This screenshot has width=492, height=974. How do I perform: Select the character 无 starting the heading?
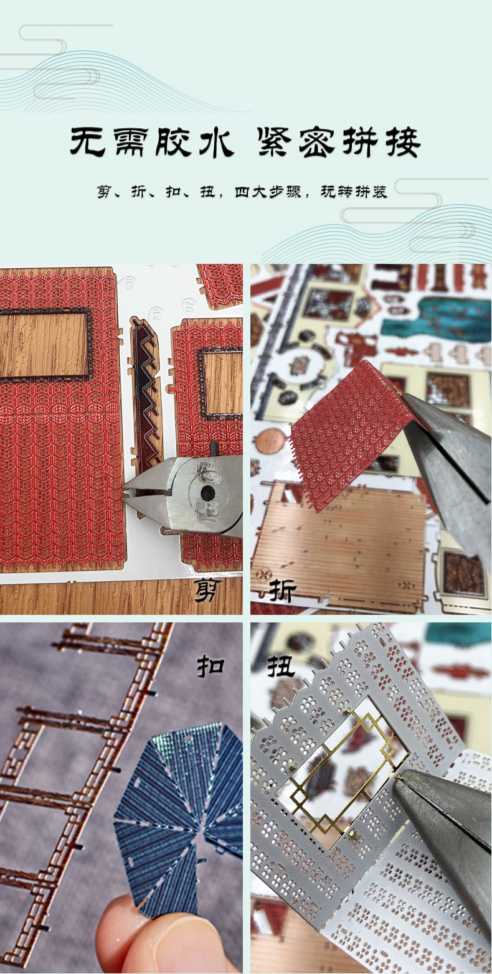pyautogui.click(x=87, y=142)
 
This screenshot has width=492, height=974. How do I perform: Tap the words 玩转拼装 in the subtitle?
pyautogui.click(x=354, y=192)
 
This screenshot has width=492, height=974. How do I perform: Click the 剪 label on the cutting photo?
pyautogui.click(x=208, y=590)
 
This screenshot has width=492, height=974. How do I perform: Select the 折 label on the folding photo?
pyautogui.click(x=282, y=590)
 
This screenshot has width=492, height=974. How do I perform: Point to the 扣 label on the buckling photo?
pyautogui.click(x=211, y=666)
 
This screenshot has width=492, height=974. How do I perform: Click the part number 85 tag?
pyautogui.click(x=129, y=284)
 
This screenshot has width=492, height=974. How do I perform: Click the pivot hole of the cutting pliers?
pyautogui.click(x=208, y=492)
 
